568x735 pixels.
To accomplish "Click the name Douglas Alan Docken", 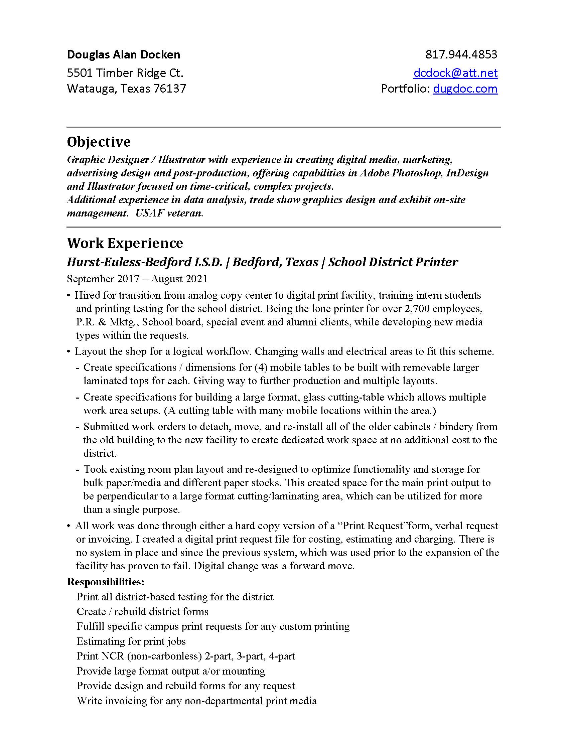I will point(124,54).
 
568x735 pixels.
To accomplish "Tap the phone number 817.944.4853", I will point(461,54).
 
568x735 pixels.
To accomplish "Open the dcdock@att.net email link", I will point(456,73).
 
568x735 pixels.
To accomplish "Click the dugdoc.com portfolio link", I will point(465,89).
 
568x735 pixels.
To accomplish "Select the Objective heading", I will point(99,142).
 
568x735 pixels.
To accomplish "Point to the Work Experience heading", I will point(125,243).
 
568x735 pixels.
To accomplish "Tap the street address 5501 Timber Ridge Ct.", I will point(125,73).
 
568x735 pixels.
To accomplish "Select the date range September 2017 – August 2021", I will point(137,279).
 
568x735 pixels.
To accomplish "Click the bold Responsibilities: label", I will point(106,582).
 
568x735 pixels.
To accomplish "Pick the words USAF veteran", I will point(169,213).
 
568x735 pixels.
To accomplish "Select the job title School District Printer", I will point(393,262).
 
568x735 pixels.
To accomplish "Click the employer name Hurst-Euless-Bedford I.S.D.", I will point(145,262).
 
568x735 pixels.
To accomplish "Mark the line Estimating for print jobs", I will point(131,641).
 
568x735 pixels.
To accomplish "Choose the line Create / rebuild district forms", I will point(142,611).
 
